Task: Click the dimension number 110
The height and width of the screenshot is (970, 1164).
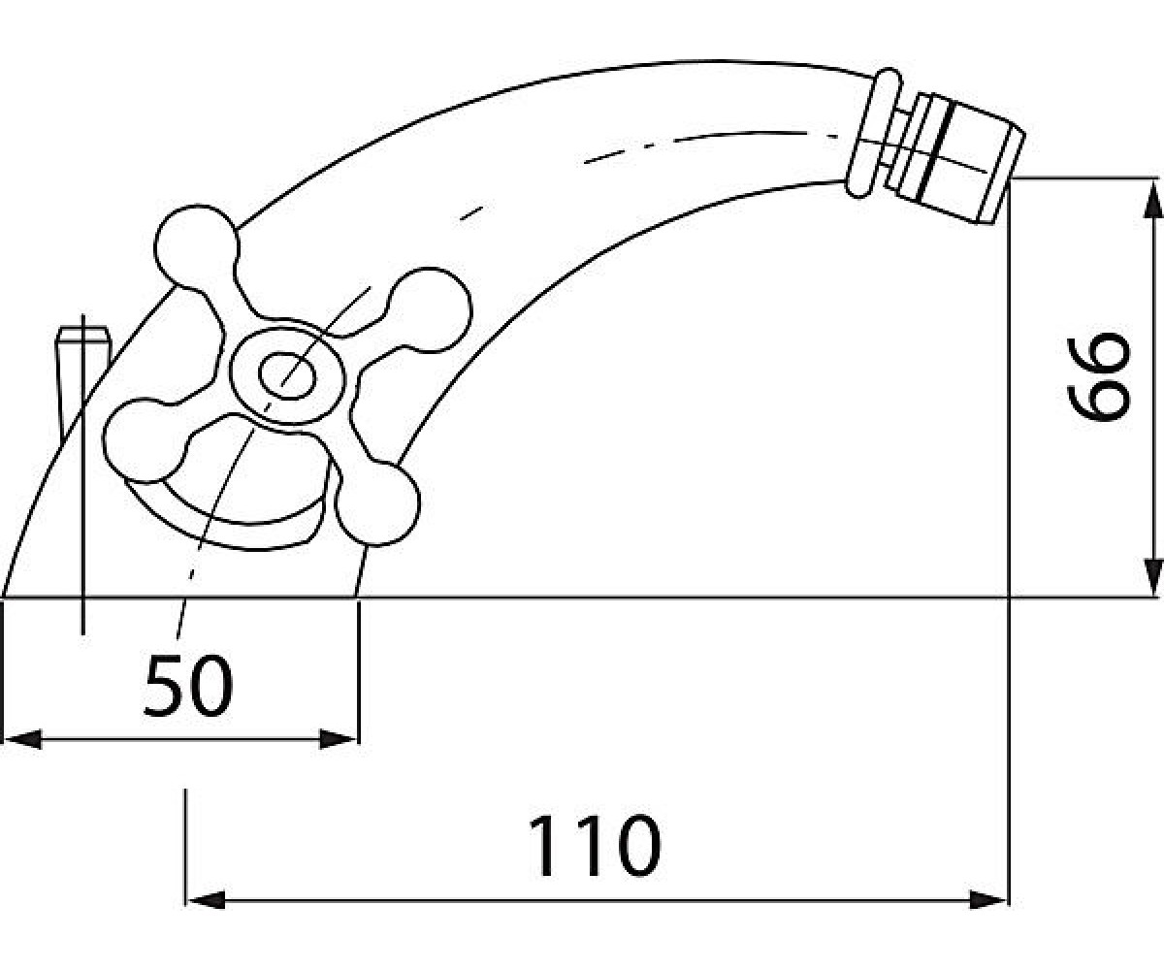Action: [x=595, y=846]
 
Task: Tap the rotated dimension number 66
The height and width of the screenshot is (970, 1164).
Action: [x=1098, y=376]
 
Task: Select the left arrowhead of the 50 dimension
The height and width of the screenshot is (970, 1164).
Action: [x=22, y=739]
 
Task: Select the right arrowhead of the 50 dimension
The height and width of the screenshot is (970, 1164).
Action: [x=338, y=739]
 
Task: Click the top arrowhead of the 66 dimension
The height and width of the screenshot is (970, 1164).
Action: [x=1151, y=198]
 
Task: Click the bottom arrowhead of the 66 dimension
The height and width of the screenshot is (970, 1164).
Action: [x=1151, y=577]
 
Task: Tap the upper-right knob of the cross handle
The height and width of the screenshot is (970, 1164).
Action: [x=430, y=310]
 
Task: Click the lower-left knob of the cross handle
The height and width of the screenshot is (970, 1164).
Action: [x=144, y=440]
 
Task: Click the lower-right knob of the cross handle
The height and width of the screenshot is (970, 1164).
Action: [x=378, y=502]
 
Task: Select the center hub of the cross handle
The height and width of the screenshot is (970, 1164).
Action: [x=287, y=375]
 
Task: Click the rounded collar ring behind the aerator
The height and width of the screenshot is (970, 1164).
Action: [x=873, y=133]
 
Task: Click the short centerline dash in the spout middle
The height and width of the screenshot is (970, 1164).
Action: [x=471, y=213]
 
